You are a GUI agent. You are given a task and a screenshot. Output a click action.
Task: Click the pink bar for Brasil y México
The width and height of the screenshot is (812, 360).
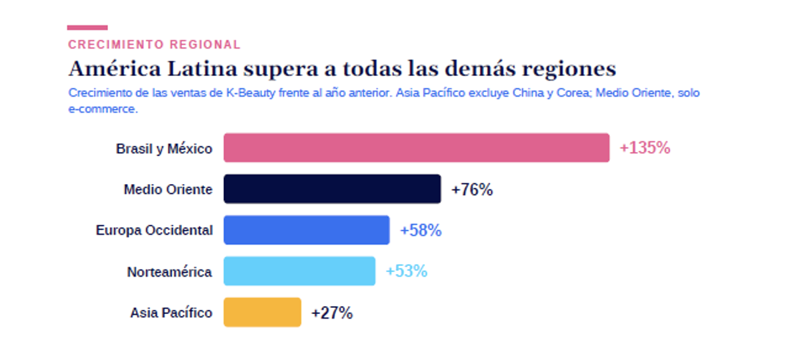click(417, 147)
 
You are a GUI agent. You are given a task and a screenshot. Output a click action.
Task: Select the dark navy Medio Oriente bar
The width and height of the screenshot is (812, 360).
click(333, 189)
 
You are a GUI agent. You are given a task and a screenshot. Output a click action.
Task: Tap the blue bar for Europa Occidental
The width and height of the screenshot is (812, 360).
click(307, 230)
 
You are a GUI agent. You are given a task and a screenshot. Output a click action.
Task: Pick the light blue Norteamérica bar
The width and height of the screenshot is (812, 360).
click(299, 271)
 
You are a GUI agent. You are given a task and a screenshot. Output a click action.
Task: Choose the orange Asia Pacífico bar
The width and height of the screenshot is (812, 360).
click(263, 312)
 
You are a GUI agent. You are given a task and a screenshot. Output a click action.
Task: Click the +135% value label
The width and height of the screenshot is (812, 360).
click(645, 147)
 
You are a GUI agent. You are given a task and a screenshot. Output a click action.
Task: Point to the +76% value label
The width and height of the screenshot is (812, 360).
click(472, 189)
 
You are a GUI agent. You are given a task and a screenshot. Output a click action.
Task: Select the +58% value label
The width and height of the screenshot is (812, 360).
click(421, 230)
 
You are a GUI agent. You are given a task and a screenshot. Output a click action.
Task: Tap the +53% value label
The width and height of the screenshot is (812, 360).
click(407, 271)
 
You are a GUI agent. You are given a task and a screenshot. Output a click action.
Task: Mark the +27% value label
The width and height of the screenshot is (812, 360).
click(332, 313)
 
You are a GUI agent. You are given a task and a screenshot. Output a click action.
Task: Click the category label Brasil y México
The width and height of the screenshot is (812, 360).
click(164, 149)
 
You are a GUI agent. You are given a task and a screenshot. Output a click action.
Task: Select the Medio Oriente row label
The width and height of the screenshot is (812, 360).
click(168, 189)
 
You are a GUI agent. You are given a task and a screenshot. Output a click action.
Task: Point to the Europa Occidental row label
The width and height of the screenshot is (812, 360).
click(154, 230)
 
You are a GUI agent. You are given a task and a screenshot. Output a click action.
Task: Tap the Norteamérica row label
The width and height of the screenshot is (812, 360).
click(169, 271)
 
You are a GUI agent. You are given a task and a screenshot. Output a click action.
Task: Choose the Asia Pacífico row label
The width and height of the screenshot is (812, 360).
click(171, 313)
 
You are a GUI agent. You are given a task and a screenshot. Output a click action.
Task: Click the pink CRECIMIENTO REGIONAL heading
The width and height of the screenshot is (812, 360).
click(155, 45)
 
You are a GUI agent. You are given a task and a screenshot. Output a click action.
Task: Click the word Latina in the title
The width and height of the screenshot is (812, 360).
click(202, 69)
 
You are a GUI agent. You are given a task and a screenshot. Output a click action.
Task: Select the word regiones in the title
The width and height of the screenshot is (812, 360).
click(569, 69)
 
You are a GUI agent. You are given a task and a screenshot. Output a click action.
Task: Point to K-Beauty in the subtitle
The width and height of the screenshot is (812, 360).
click(251, 93)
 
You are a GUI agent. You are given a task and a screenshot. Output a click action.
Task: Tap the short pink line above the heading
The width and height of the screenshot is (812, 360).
click(87, 27)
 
